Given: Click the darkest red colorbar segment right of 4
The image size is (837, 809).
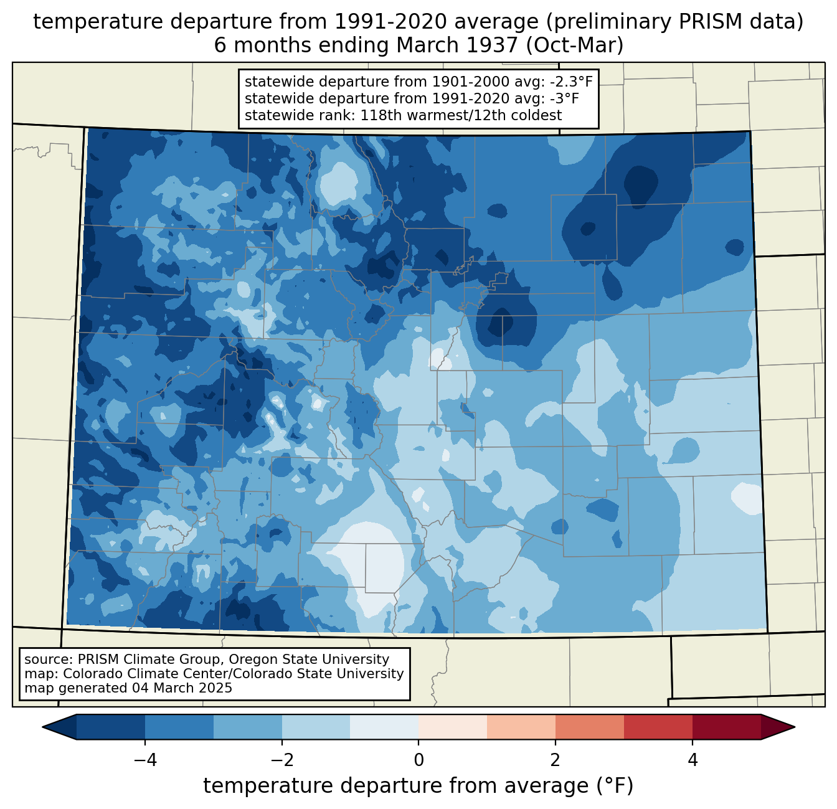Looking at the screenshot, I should pos(726,727).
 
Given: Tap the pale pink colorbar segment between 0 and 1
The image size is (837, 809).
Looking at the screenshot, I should pos(453,727).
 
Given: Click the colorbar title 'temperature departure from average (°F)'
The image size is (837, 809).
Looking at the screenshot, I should pos(418,786).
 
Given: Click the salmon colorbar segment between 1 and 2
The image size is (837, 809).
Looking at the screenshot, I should pos(521,727).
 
